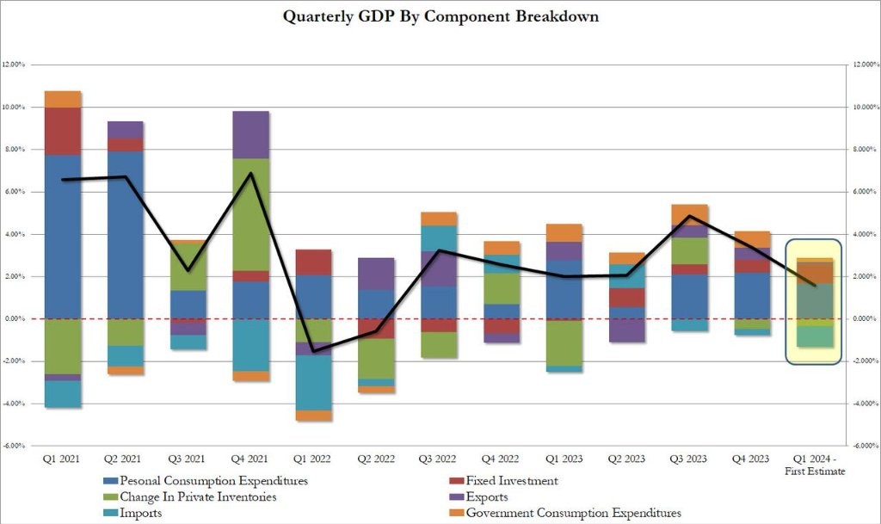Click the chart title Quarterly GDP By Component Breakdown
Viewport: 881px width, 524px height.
440,16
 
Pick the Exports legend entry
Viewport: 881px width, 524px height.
487,496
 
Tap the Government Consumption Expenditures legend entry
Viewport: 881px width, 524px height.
573,513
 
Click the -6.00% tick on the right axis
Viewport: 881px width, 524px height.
863,446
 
